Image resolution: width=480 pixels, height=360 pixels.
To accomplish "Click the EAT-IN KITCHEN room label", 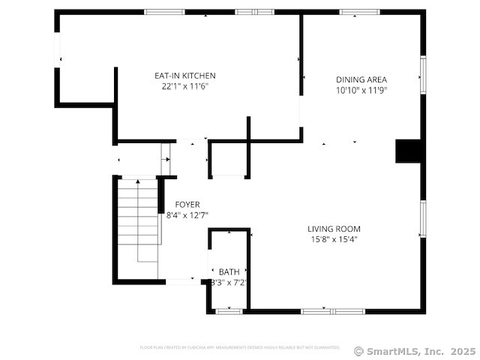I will (x=184, y=76).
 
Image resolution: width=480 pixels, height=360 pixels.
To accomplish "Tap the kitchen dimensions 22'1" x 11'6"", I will (x=184, y=86).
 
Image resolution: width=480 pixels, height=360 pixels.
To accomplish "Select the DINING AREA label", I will (x=361, y=79).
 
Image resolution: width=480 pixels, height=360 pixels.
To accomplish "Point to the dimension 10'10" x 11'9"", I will (x=361, y=90).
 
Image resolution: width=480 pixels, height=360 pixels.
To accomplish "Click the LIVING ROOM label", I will (x=334, y=229).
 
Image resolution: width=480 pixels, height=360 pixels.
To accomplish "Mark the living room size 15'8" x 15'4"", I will (x=334, y=240).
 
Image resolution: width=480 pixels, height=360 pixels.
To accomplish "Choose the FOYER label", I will (x=187, y=204).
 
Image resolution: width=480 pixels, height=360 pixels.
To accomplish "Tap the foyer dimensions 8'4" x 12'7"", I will (x=182, y=215).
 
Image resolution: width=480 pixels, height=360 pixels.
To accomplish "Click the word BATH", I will (x=229, y=271).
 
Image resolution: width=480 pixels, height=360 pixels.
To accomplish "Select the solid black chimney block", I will (x=409, y=151).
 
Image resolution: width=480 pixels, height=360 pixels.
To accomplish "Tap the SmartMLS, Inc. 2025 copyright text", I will (x=414, y=350).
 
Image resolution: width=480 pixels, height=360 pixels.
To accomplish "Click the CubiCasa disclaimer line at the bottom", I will (x=240, y=347).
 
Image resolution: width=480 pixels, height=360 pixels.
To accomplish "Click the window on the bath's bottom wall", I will (x=228, y=310).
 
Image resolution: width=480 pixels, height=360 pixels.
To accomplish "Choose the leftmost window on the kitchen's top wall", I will (x=164, y=12).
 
